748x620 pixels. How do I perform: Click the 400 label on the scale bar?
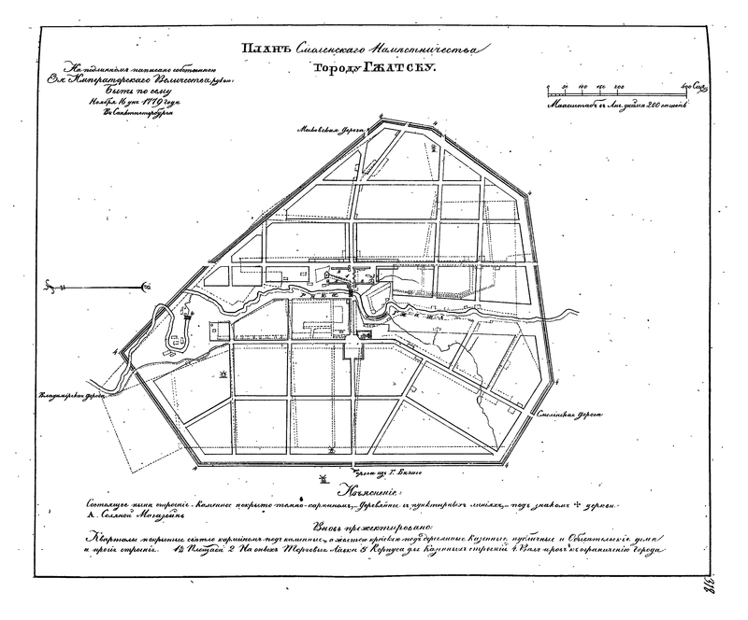tap(689, 86)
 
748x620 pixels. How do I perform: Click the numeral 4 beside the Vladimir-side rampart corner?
tap(114, 352)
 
